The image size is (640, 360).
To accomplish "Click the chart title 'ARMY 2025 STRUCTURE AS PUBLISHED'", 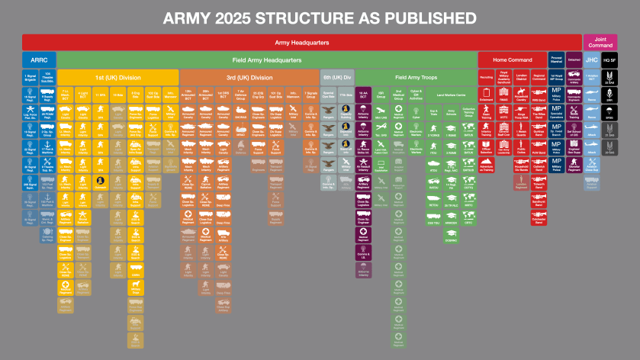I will click(x=320, y=17).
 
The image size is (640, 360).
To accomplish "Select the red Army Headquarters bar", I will click(x=302, y=42).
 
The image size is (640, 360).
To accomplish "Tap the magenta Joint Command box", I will click(x=595, y=42).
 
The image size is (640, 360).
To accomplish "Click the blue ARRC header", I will click(x=38, y=59).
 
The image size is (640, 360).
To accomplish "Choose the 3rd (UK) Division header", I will click(x=249, y=77).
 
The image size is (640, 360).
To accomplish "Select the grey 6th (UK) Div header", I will click(x=336, y=77).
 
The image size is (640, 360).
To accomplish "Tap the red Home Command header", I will click(x=511, y=59).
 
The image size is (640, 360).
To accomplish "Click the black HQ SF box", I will click(x=610, y=59).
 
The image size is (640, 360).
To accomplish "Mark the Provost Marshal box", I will click(x=556, y=59).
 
